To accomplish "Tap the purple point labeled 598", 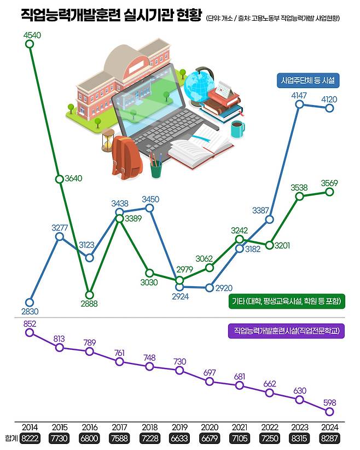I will point(330,412).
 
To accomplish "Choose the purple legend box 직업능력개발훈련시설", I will point(285,331).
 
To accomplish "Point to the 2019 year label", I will point(179,428).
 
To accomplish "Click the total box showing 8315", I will point(300,439).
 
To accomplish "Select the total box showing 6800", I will point(90,439).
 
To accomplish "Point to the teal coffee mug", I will point(237,129).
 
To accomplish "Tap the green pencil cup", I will point(156,166).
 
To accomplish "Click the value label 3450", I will point(150,199).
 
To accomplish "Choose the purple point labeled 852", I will point(30,332).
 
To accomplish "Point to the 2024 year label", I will point(329,428).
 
